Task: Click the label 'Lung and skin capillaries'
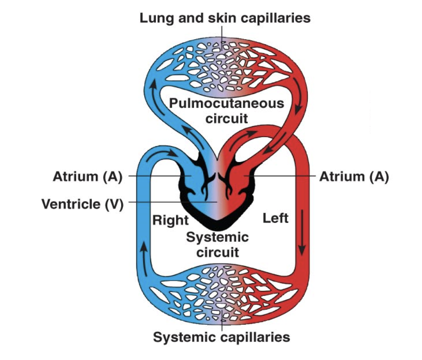225,18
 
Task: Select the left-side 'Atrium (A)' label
88,176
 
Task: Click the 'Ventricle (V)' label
82,203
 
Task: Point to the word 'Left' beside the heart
275,218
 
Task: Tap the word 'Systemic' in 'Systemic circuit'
217,238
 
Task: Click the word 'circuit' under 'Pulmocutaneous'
226,118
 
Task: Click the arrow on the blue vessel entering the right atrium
171,153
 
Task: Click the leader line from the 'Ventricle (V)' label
170,202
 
